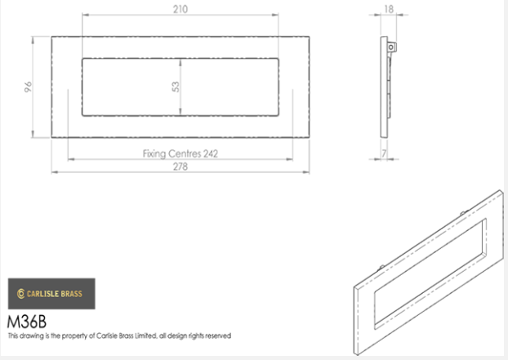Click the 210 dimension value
point(180,9)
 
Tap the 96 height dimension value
point(29,87)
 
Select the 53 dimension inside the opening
point(176,87)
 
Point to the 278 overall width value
point(180,167)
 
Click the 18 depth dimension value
point(389,9)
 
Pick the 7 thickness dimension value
point(384,153)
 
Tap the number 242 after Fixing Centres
point(211,153)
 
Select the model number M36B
point(27,322)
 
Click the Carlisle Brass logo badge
point(51,294)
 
